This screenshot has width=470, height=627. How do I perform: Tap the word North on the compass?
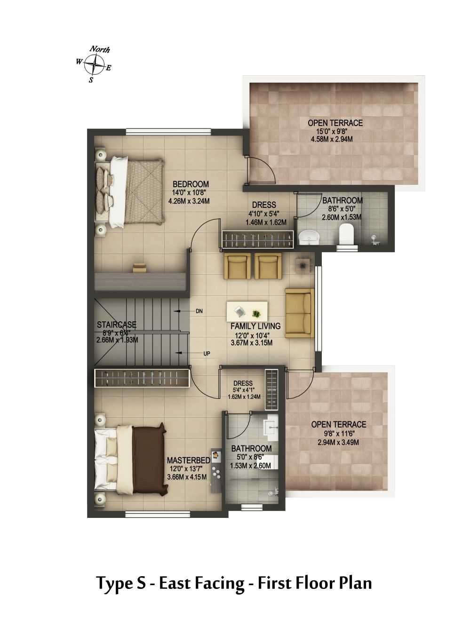point(100,49)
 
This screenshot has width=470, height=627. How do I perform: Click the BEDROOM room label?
point(191,184)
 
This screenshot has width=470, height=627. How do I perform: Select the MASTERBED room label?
point(188,460)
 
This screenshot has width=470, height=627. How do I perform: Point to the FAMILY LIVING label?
point(255,326)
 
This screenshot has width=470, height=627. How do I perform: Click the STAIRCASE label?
point(117,325)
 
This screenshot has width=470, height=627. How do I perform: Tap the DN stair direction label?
point(199,311)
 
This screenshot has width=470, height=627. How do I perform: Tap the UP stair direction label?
point(207,354)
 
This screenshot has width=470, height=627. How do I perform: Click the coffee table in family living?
point(247,311)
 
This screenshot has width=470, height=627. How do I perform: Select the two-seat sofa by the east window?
point(300,313)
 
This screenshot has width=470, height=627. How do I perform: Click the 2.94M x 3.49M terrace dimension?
point(338,443)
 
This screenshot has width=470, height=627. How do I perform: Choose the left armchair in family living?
point(238,266)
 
